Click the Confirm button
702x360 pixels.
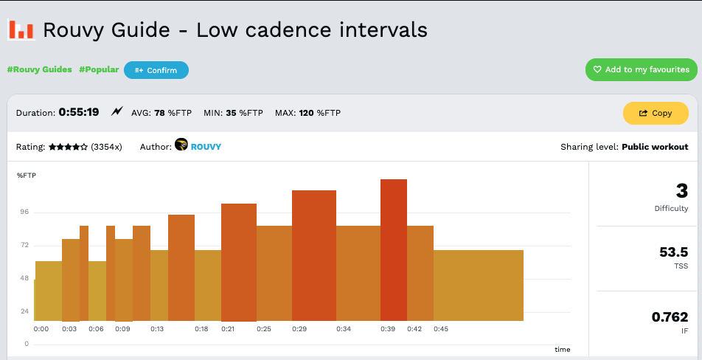[x=156, y=70]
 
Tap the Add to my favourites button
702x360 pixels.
[x=642, y=69]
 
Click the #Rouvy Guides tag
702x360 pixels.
[x=40, y=69]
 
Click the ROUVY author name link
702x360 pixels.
[x=206, y=147]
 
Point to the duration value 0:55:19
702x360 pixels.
[x=78, y=113]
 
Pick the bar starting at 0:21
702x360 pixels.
[x=239, y=262]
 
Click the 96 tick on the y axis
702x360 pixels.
[x=24, y=212]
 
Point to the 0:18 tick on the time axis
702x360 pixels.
[x=201, y=329]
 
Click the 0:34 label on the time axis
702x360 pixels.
[x=344, y=329]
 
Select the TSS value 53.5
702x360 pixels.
[x=673, y=252]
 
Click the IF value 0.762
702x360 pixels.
[x=670, y=317]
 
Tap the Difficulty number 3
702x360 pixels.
[x=681, y=191]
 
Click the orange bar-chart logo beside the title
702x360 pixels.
[x=21, y=30]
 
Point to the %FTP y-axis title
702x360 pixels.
[x=27, y=175]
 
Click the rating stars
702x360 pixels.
[x=69, y=147]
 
